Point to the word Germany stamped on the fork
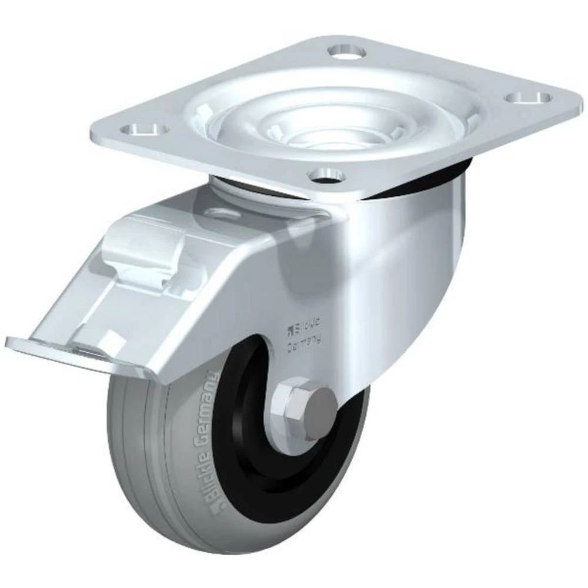pos(303,340)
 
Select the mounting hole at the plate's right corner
pos(529,96)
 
